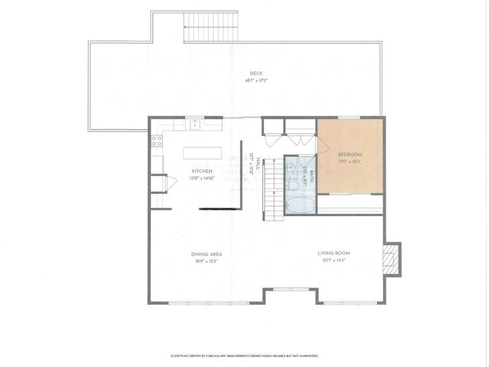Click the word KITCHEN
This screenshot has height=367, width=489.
(202, 171)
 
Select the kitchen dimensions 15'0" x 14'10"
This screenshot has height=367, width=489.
(202, 178)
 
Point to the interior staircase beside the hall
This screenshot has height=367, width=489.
(274, 190)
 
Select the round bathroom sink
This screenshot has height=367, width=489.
(292, 168)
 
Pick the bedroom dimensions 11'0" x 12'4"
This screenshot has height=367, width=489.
(350, 162)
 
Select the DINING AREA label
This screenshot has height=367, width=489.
(206, 254)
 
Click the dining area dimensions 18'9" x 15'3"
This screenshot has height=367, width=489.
(206, 261)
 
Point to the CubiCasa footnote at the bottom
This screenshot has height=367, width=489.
(244, 355)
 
